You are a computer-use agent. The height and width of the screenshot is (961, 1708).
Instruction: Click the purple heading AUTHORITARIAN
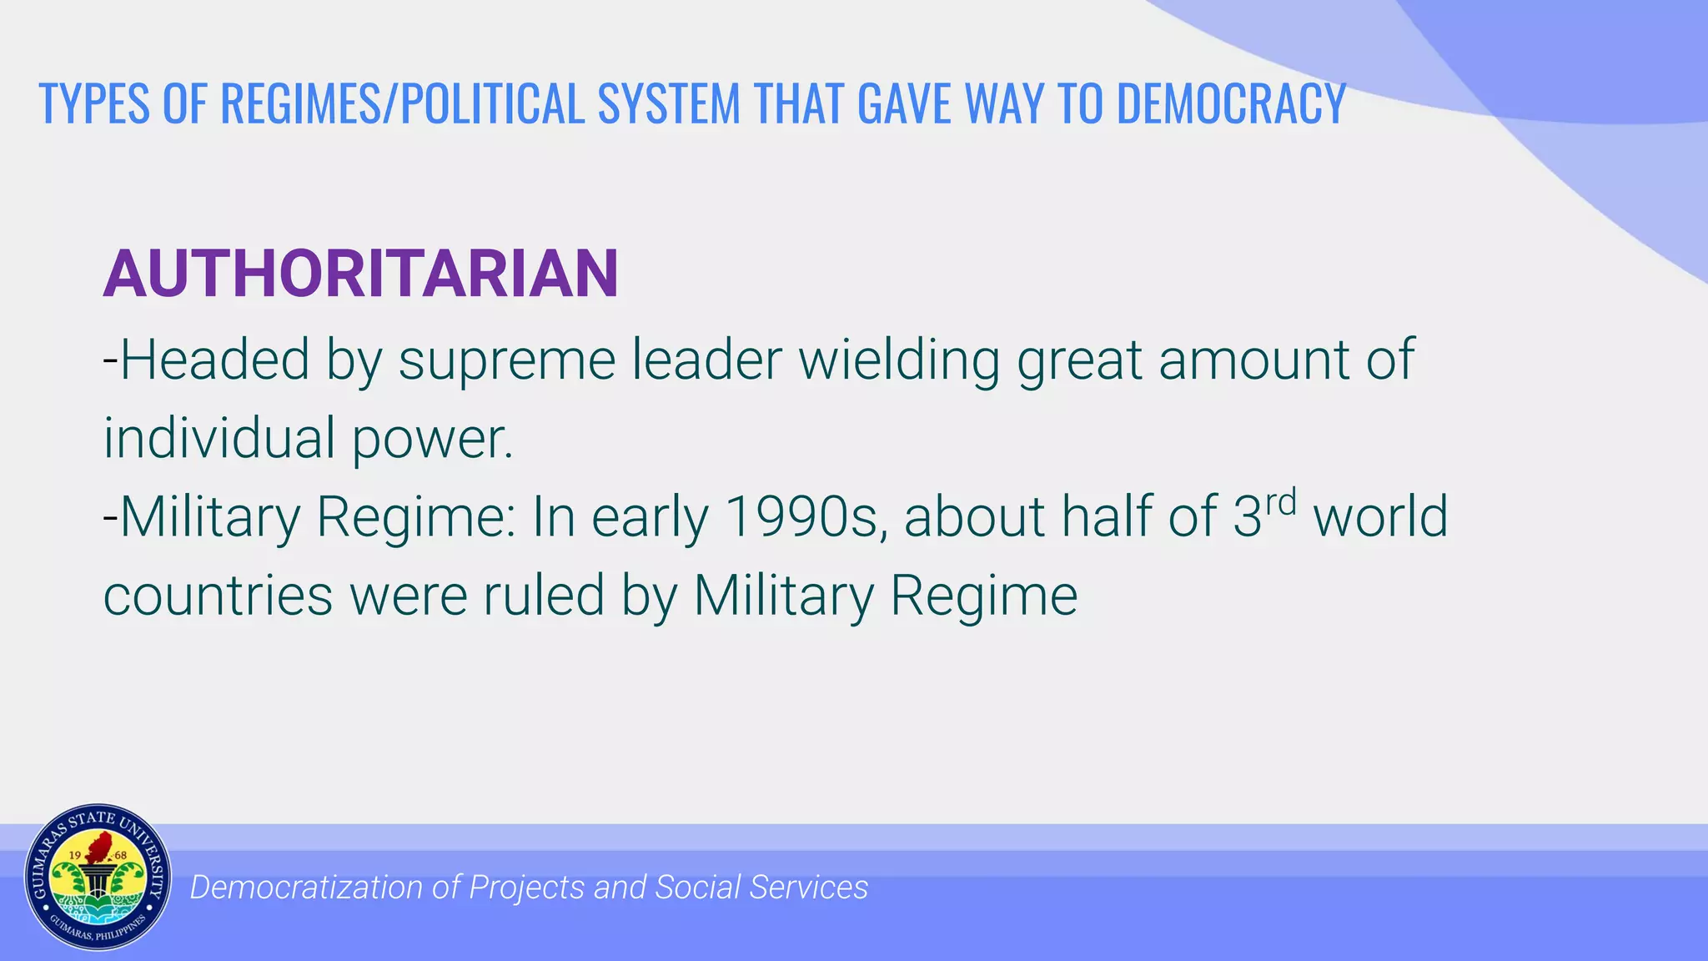pyautogui.click(x=360, y=274)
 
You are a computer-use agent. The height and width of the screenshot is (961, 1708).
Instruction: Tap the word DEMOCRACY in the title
pyautogui.click(x=1231, y=104)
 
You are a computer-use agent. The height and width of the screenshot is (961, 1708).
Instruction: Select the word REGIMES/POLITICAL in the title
pyautogui.click(x=402, y=104)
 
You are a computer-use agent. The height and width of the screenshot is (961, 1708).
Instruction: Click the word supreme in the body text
pyautogui.click(x=506, y=360)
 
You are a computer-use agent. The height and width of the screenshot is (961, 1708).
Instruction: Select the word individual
pyautogui.click(x=219, y=438)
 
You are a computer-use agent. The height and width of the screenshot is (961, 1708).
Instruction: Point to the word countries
pyautogui.click(x=218, y=596)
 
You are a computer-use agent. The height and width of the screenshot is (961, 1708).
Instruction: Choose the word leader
pyautogui.click(x=706, y=360)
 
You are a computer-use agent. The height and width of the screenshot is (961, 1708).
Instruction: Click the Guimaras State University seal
pyautogui.click(x=98, y=877)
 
